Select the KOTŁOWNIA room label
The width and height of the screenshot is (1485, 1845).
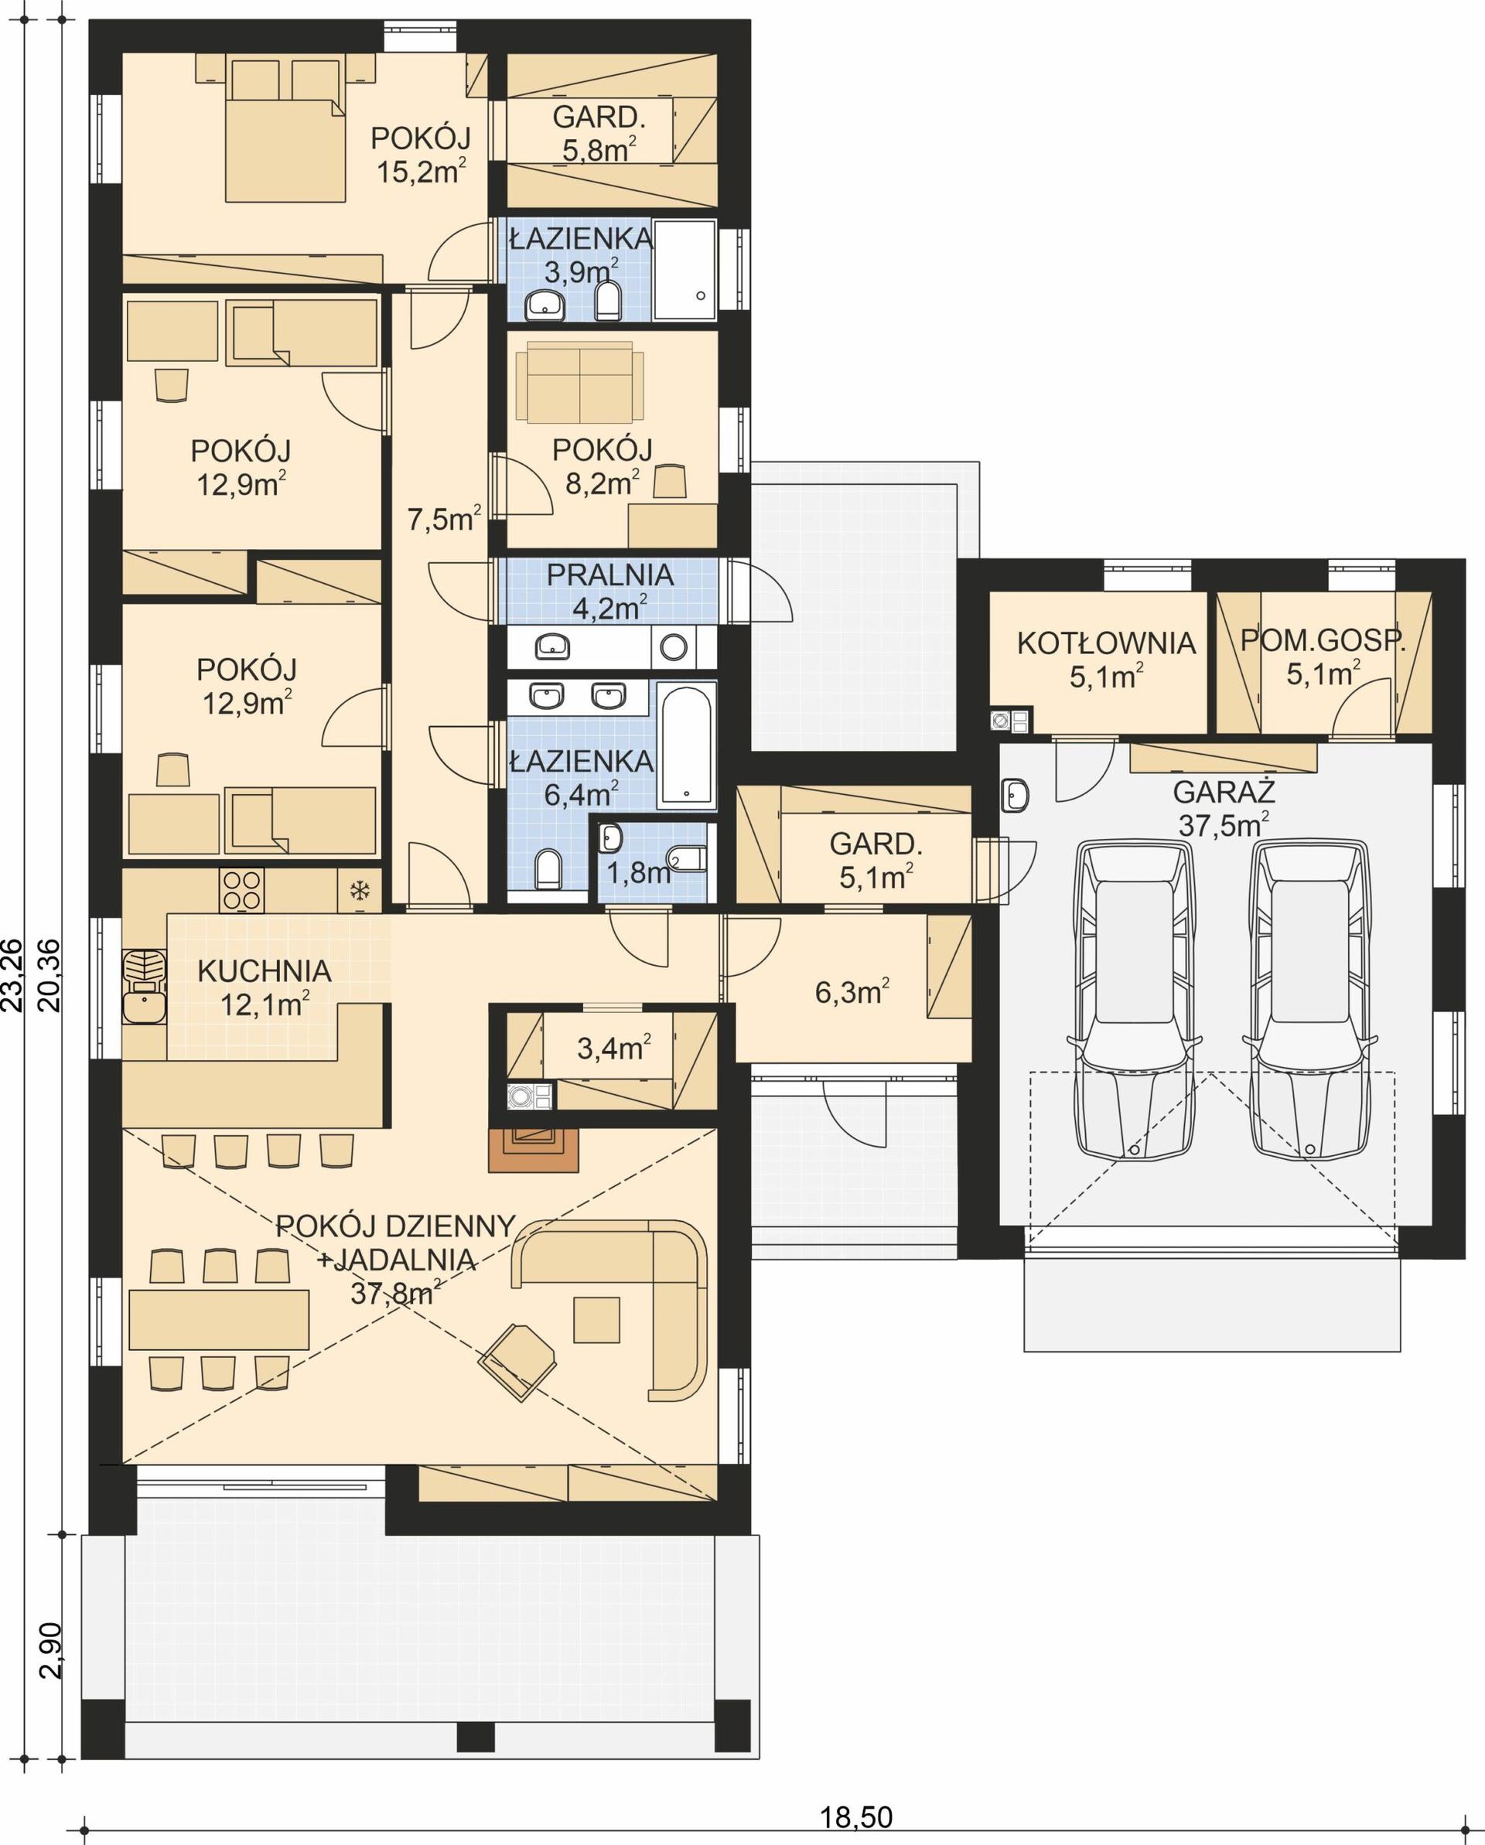click(x=1106, y=643)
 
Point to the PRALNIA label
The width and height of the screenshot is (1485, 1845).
click(x=609, y=575)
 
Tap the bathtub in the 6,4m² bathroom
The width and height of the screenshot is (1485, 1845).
click(x=687, y=745)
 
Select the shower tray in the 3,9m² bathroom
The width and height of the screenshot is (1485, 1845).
click(x=684, y=271)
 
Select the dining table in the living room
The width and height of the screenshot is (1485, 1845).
click(x=218, y=1318)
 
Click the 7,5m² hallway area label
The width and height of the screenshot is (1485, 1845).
click(x=443, y=519)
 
